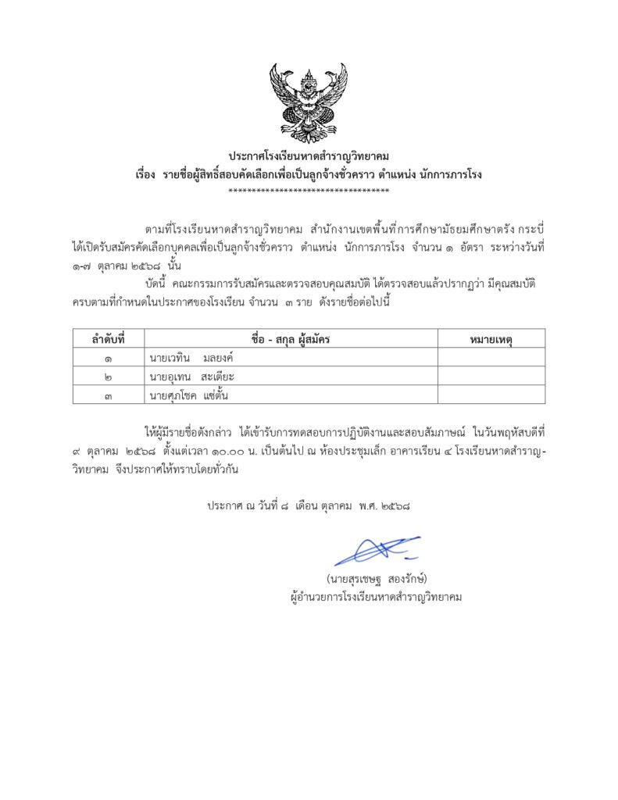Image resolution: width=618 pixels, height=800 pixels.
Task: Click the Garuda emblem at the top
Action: coord(309,101)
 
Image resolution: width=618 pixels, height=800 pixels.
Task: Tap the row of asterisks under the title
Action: coord(309,191)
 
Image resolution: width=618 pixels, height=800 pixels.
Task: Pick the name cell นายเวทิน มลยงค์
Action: coord(192,358)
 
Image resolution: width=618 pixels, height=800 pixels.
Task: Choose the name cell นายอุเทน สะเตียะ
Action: coord(192,377)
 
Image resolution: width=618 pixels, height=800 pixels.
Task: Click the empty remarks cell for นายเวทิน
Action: coord(491,358)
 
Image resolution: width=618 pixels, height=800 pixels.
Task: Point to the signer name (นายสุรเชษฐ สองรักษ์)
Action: coord(377,579)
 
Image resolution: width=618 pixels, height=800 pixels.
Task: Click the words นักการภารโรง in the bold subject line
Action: coord(448,174)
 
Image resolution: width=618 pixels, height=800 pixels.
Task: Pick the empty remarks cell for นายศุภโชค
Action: coord(491,395)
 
